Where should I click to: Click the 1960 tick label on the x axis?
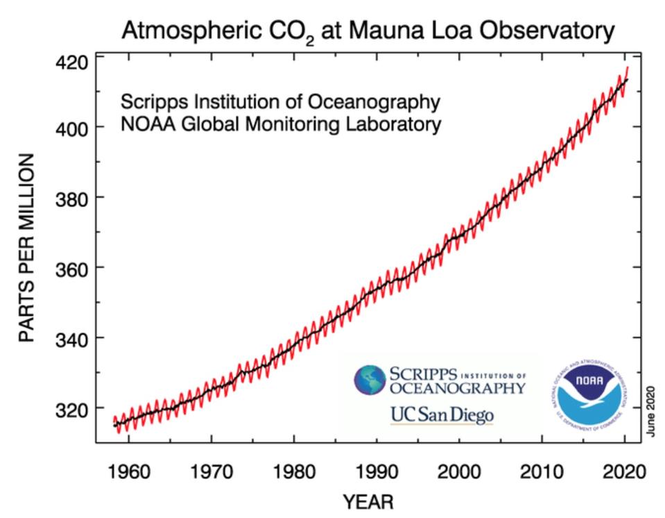point(129,472)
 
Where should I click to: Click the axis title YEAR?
point(368,501)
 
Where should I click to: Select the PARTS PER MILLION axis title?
point(26,248)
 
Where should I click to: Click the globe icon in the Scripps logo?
point(370,380)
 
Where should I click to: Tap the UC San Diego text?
point(442,415)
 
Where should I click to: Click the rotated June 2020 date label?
point(651,411)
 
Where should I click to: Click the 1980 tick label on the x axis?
point(294,472)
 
